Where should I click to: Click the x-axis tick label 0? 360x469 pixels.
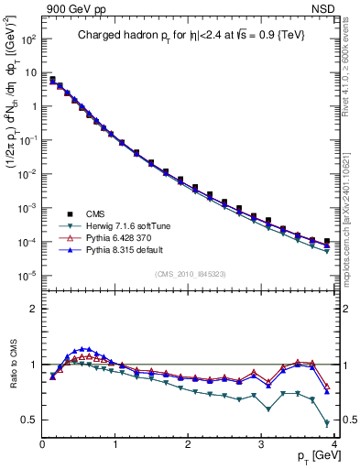[x=42, y=444]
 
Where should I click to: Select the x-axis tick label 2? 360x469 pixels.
[x=188, y=444]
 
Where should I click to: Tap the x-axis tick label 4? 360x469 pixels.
[x=333, y=444]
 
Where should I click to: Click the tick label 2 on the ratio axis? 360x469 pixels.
[x=33, y=309]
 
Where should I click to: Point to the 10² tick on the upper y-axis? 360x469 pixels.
[x=28, y=40]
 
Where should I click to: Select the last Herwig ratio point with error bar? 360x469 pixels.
[x=327, y=422]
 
